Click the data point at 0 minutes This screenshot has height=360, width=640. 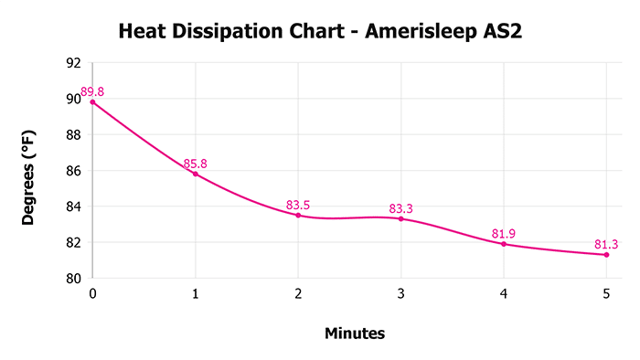click(x=92, y=101)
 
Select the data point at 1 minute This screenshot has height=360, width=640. click(x=195, y=174)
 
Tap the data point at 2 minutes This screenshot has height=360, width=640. click(x=298, y=215)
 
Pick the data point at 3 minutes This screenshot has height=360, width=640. click(x=400, y=218)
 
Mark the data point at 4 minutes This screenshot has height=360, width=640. click(x=504, y=244)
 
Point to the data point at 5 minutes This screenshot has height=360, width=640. click(x=606, y=255)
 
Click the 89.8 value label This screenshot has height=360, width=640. click(x=93, y=91)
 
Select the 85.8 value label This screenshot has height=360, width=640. click(x=196, y=164)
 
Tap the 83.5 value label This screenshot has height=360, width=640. click(x=298, y=205)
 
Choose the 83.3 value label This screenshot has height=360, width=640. click(x=401, y=208)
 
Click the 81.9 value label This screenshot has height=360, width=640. click(x=504, y=234)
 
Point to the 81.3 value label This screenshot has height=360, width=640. click(x=606, y=244)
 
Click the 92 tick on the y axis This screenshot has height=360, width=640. click(x=73, y=63)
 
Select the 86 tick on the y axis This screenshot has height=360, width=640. click(x=73, y=171)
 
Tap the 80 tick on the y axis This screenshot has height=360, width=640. click(x=73, y=279)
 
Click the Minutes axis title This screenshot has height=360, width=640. click(x=355, y=334)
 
